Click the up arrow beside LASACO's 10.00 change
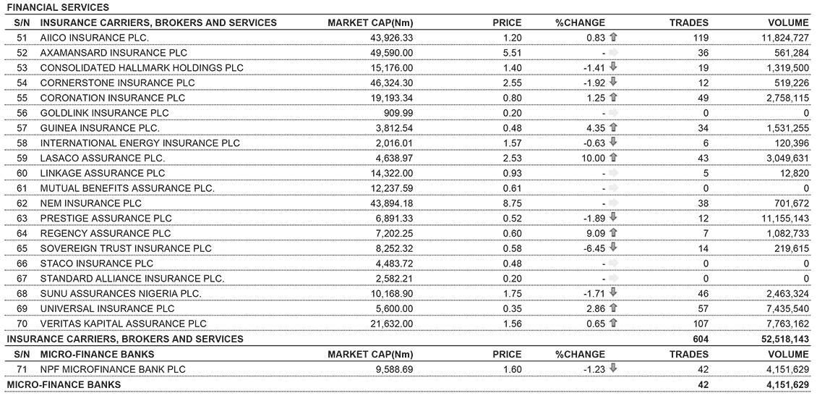[x=614, y=158]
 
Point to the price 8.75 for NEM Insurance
[x=512, y=203]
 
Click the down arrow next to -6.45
[x=614, y=248]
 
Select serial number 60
[x=21, y=173]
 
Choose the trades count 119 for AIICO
[x=698, y=38]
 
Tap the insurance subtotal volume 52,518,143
[x=778, y=339]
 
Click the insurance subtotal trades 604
[x=699, y=339]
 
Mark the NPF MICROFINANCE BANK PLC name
[x=113, y=369]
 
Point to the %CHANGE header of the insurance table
[x=580, y=22]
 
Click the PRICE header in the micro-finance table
[x=506, y=355]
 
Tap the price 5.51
[x=512, y=53]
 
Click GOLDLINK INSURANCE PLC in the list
[x=104, y=113]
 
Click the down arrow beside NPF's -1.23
[x=614, y=368]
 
